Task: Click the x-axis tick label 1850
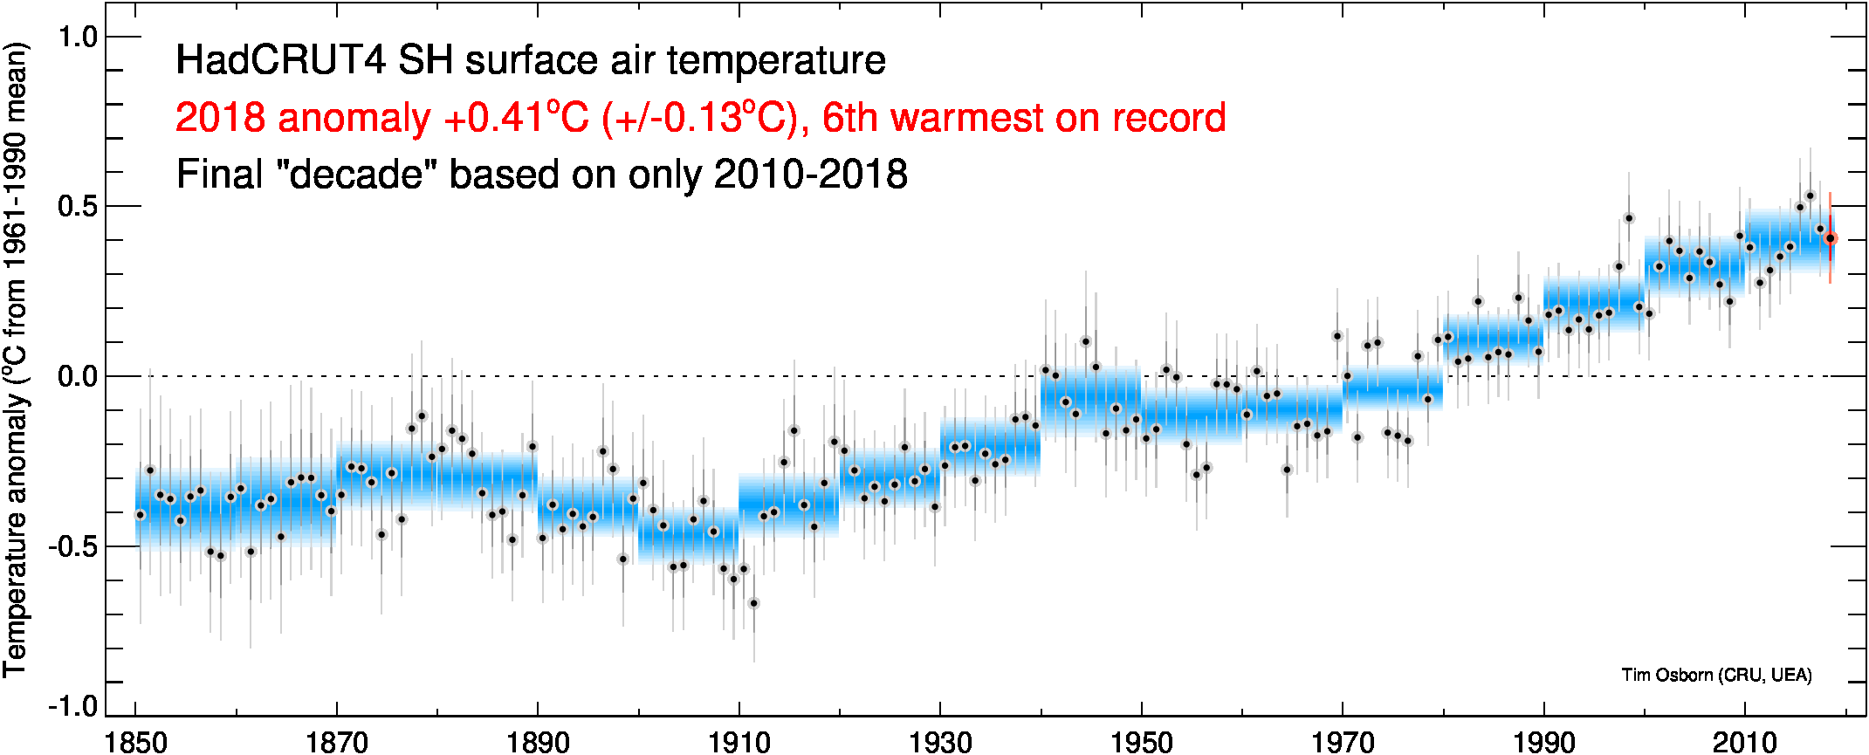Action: [x=135, y=743]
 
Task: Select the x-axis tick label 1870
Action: [x=336, y=743]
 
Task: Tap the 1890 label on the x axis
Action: [x=538, y=743]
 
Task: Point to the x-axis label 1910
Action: [x=739, y=743]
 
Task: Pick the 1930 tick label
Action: [x=940, y=743]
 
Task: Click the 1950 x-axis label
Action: [x=1141, y=743]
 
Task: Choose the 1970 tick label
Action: [x=1343, y=743]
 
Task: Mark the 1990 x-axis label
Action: [x=1543, y=743]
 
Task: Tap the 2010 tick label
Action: [x=1745, y=743]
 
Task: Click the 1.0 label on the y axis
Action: [x=77, y=37]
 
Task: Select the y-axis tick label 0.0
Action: [x=77, y=376]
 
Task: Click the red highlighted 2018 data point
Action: [x=1831, y=238]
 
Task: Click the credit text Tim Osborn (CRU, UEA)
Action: [x=1716, y=675]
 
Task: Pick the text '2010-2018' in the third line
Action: [x=810, y=175]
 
